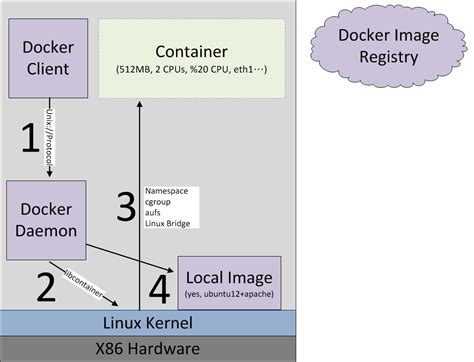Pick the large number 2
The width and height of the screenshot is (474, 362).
tap(45, 286)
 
